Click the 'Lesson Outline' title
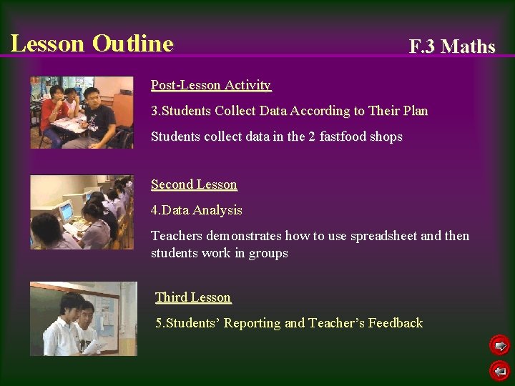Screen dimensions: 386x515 coord(92,44)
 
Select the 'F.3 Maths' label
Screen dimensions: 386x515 coord(451,47)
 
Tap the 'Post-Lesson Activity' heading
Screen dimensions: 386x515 coord(211,86)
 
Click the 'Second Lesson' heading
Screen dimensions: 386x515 coord(194,184)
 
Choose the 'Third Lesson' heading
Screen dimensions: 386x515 coord(193,297)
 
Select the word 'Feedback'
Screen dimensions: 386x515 coord(396,323)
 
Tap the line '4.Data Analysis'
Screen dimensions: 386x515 coord(197,210)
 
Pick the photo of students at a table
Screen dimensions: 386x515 coord(82,112)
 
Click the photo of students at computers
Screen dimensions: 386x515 coord(82,212)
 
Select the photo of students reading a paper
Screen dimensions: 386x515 coord(83,318)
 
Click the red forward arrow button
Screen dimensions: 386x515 coord(499,346)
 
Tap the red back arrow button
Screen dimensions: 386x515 coord(499,370)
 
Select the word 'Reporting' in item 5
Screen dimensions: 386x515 coord(252,323)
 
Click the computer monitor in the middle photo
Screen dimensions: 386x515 coord(67,211)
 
